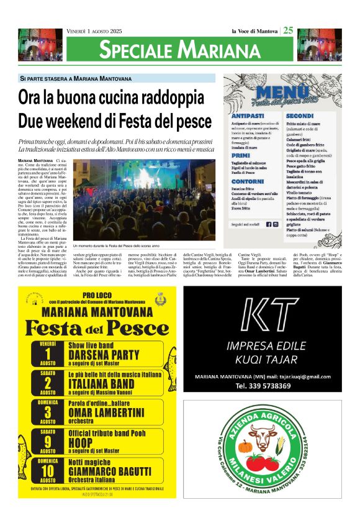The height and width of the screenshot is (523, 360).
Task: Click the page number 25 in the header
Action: pos(288,31)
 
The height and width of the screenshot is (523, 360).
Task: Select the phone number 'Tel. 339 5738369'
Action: pos(263,386)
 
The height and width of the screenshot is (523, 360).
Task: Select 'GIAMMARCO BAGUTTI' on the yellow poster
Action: pos(110,471)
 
